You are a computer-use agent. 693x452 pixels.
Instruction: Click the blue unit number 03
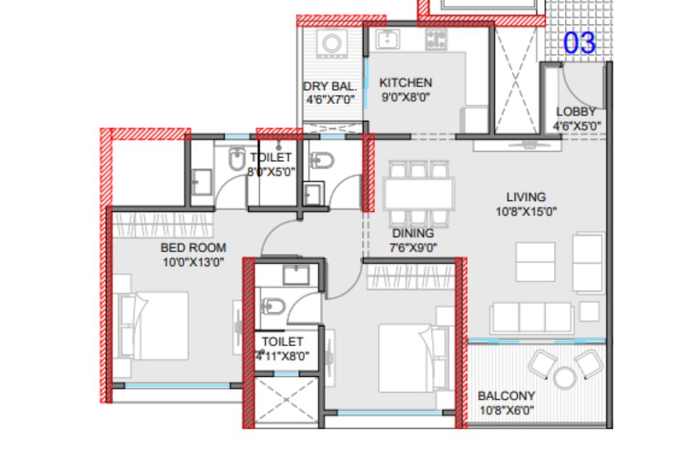(579, 43)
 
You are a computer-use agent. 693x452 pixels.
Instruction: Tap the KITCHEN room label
(406, 82)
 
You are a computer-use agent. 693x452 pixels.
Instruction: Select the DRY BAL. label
(329, 87)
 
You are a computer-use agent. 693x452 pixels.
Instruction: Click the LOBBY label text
(576, 111)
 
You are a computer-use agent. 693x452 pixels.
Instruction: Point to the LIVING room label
(526, 197)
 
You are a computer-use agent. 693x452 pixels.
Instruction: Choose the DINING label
(413, 233)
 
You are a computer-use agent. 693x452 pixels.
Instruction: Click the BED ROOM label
(193, 247)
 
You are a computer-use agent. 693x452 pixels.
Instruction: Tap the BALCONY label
(506, 396)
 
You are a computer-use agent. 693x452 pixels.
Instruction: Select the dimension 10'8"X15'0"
(526, 212)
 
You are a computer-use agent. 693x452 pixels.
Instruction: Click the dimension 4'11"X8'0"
(282, 356)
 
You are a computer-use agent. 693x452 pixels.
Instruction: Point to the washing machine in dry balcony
(332, 43)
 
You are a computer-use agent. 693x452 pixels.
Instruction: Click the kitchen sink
(387, 39)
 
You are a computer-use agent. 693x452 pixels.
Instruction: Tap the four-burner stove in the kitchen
(436, 39)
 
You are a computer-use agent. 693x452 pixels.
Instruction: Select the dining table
(419, 193)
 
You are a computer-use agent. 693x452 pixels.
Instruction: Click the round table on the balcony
(565, 378)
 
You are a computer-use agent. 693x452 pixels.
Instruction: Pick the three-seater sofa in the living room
(532, 317)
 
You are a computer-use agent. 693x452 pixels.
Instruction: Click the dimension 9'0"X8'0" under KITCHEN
(406, 97)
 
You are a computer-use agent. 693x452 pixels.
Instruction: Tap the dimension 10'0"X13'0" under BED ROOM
(193, 263)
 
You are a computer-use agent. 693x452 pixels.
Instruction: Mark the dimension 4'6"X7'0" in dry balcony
(331, 100)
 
